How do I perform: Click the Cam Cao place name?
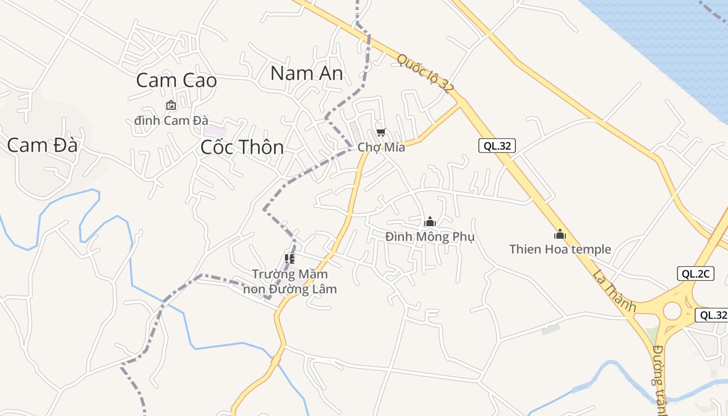176,81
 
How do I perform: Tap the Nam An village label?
307,73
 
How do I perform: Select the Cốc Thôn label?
242,147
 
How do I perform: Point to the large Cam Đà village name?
42,145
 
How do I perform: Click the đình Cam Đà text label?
171,120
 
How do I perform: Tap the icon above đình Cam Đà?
171,106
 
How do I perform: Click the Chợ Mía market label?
381,147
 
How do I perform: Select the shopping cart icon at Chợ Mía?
381,133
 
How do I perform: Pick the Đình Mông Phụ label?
430,237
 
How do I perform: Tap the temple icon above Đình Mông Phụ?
430,222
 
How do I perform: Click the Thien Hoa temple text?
560,249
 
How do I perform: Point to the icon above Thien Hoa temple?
560,234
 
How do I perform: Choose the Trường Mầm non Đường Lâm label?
290,281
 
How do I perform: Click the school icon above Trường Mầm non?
290,258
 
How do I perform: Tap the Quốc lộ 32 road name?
425,73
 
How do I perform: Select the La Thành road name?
614,291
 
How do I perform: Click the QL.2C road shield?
695,274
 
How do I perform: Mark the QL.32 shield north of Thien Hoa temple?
497,146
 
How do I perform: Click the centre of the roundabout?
672,311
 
